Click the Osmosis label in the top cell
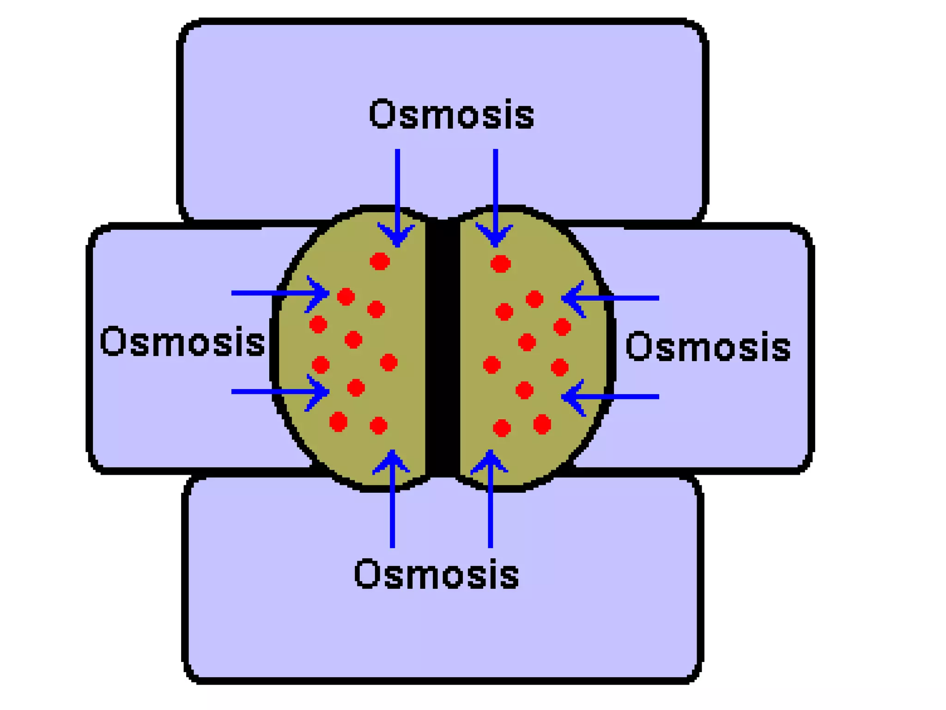[x=451, y=114]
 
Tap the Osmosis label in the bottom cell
[x=437, y=574]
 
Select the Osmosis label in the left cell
[x=182, y=342]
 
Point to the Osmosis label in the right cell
[x=708, y=347]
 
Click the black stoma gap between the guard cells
[x=443, y=347]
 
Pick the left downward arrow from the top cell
[x=397, y=194]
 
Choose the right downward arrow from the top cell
[x=495, y=194]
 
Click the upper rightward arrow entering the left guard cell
[x=277, y=293]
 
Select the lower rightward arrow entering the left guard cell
[x=277, y=392]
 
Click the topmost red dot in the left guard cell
[x=380, y=261]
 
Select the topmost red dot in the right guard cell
[x=500, y=264]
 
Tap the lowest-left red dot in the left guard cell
[x=338, y=422]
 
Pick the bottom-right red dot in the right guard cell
[x=542, y=424]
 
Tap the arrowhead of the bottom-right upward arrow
[x=490, y=460]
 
